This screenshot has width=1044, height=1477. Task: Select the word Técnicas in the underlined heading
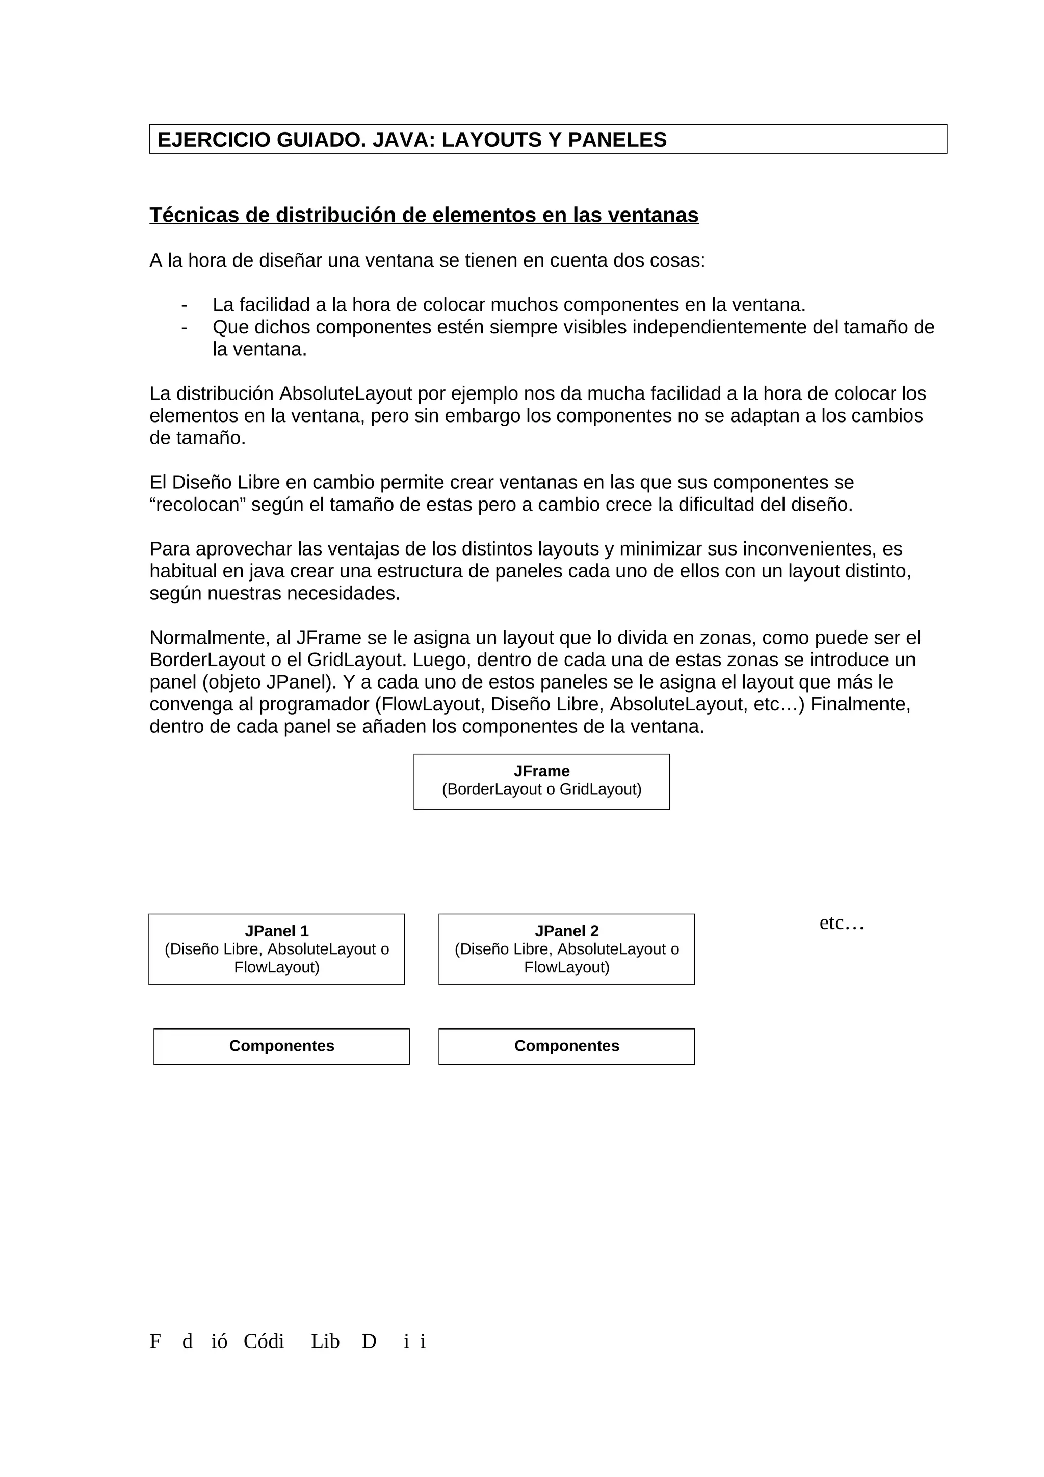(x=194, y=215)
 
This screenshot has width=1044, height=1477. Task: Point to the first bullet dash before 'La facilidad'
(x=185, y=305)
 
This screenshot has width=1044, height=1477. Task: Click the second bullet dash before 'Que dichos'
(x=185, y=327)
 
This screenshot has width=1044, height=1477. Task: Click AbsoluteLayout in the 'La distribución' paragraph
(x=345, y=393)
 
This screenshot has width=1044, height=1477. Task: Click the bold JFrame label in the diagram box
(x=541, y=771)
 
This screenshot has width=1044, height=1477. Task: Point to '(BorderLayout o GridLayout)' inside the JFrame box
(x=541, y=789)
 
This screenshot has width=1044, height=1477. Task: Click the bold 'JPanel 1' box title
(x=277, y=931)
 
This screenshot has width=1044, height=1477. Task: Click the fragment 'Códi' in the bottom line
(x=263, y=1341)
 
